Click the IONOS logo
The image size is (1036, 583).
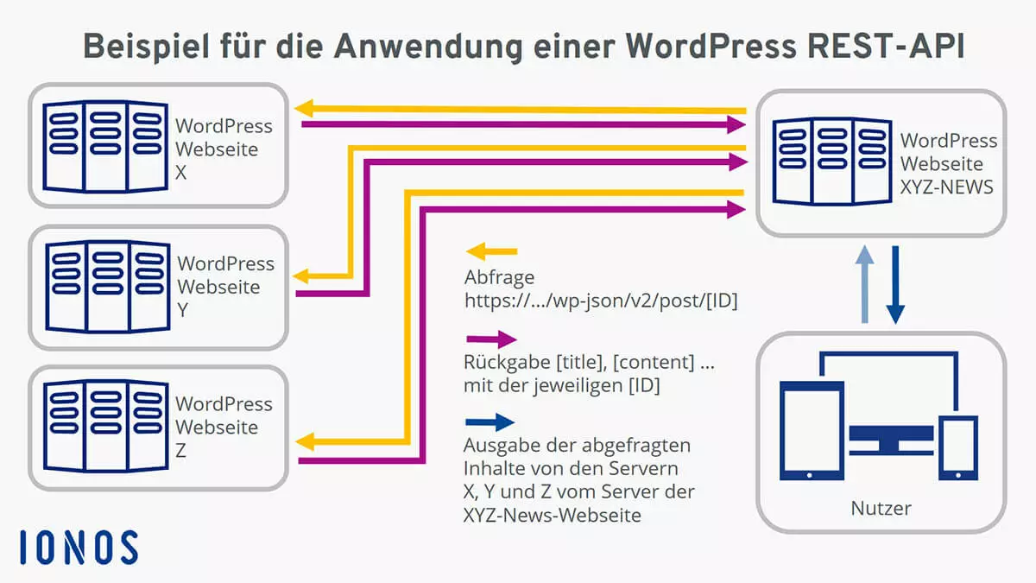79,548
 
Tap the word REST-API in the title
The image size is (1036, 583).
886,47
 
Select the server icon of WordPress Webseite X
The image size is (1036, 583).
105,146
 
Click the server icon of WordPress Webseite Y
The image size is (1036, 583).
108,287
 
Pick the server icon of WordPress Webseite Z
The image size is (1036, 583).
106,426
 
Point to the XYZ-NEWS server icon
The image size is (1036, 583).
832,161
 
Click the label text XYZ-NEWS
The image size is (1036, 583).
946,187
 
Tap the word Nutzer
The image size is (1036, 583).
881,508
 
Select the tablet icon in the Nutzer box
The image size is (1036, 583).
812,431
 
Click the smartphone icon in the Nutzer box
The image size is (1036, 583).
958,448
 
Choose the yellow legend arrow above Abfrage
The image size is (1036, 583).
491,251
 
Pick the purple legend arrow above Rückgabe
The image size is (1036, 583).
491,339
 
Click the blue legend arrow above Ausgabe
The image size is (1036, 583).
490,422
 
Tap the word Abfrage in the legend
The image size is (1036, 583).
500,277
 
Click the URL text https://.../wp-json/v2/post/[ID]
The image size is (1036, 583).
601,301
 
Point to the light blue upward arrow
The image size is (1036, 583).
864,284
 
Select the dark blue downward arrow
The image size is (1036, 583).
895,284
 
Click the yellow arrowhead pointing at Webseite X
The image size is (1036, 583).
304,108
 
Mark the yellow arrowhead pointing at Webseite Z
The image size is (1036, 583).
306,442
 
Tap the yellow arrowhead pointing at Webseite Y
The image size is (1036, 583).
301,276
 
